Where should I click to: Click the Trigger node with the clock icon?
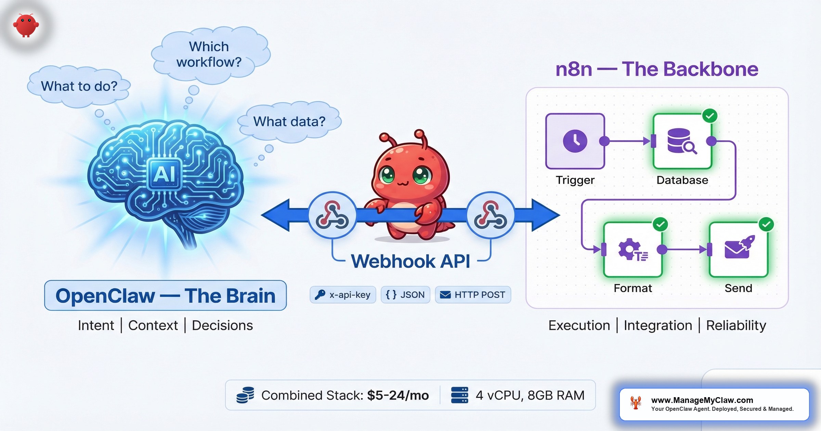click(575, 141)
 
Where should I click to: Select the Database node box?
click(682, 141)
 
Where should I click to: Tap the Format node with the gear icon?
click(633, 249)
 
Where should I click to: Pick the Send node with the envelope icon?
click(739, 249)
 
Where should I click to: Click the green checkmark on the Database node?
click(710, 116)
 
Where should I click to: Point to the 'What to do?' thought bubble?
click(79, 86)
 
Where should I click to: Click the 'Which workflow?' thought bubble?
click(209, 55)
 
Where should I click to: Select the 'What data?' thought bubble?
click(289, 122)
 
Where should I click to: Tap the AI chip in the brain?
click(165, 174)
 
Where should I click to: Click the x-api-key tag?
click(343, 295)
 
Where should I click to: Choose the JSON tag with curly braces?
click(405, 295)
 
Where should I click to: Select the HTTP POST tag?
click(473, 295)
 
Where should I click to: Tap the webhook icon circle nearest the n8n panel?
click(490, 215)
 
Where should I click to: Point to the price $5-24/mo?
click(398, 395)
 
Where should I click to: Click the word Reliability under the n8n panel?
click(736, 325)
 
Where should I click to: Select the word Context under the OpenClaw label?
click(153, 325)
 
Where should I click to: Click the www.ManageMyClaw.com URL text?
click(702, 400)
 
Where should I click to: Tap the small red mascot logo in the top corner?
click(26, 25)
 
